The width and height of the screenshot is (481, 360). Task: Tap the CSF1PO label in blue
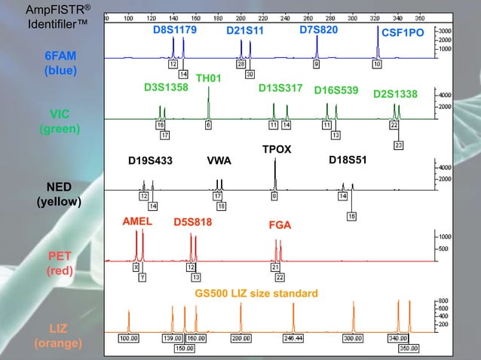[403, 34]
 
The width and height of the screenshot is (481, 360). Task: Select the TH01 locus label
[208, 78]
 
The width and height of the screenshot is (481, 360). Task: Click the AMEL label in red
[137, 222]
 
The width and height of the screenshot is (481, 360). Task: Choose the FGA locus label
[280, 225]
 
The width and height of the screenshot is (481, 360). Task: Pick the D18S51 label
[348, 160]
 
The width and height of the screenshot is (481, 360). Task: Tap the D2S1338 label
[396, 94]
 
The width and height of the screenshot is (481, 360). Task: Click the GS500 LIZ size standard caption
[256, 293]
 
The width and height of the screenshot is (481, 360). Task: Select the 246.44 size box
[294, 339]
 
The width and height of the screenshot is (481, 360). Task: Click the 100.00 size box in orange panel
[130, 339]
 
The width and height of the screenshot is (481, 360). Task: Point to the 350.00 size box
[409, 348]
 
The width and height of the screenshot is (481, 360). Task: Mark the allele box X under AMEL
[136, 267]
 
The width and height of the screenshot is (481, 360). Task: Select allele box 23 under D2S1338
[399, 144]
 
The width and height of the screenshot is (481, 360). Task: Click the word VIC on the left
[60, 114]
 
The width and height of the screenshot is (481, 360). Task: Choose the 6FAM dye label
[60, 56]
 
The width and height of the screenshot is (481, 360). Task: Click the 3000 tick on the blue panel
[445, 31]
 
